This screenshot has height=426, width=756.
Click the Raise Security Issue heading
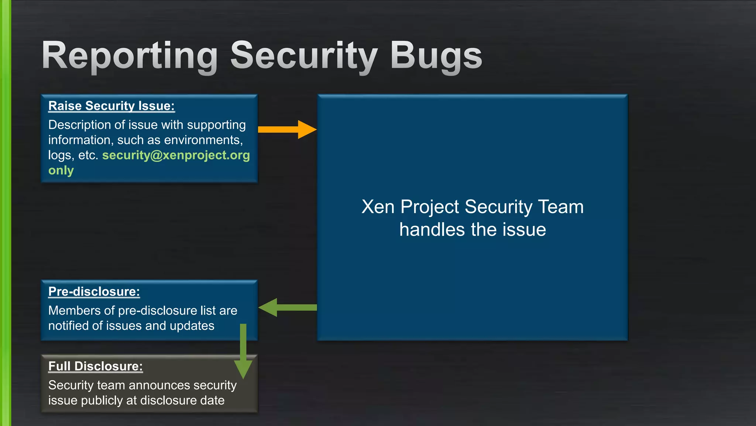[x=111, y=106]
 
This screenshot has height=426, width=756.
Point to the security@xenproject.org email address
[x=176, y=155]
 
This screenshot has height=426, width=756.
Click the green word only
[x=61, y=170]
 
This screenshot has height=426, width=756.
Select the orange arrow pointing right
[x=287, y=129]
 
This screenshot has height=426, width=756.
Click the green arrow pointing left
[x=287, y=307]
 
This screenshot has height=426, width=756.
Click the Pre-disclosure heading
[x=94, y=291]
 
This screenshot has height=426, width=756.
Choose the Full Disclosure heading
[x=96, y=366]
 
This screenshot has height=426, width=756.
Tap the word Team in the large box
[x=561, y=207]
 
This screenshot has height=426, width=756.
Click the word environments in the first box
[x=203, y=140]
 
